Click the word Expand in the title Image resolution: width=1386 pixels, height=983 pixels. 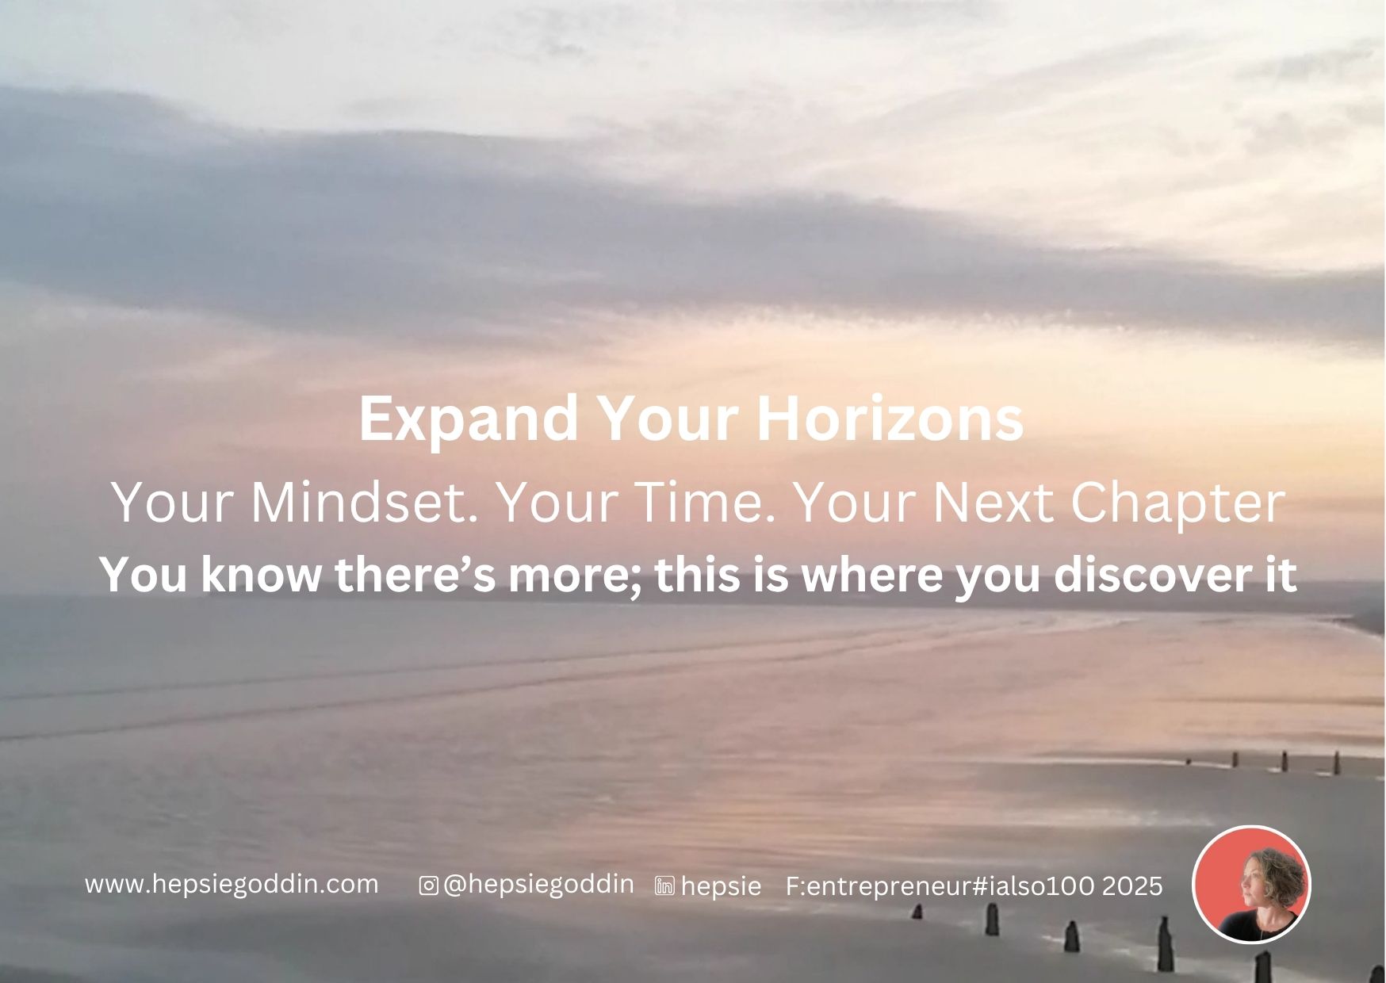(x=469, y=420)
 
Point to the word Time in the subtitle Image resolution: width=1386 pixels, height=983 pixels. (x=705, y=503)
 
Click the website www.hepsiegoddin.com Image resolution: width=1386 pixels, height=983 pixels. (x=232, y=884)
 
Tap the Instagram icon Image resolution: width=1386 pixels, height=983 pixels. (x=428, y=885)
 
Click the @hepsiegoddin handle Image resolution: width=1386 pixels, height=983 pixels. (x=538, y=885)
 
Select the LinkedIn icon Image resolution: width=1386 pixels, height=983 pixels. (x=664, y=886)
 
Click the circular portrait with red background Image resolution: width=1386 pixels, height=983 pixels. (x=1251, y=884)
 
